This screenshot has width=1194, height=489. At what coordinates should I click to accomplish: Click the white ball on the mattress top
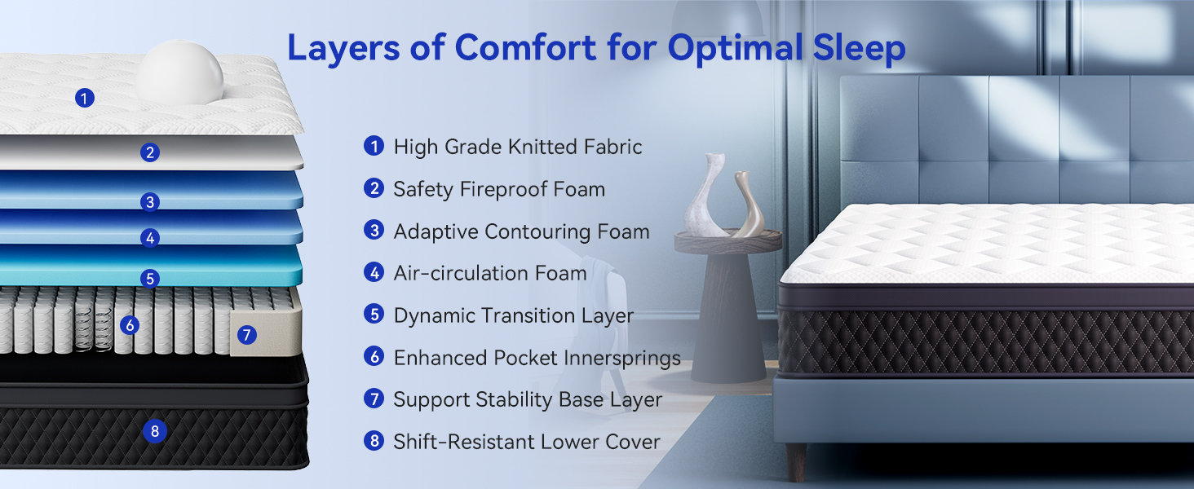click(180, 74)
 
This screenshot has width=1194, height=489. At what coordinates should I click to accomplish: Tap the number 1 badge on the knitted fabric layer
click(84, 99)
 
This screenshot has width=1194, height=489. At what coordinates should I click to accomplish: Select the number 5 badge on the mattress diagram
click(149, 279)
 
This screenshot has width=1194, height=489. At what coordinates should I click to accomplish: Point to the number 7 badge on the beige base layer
click(247, 334)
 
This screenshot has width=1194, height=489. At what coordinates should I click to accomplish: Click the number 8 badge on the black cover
click(153, 430)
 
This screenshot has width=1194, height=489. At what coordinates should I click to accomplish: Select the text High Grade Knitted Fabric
click(517, 148)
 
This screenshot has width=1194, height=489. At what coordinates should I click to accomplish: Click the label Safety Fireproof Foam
click(498, 190)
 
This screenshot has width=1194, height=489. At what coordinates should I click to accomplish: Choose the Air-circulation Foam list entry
click(489, 274)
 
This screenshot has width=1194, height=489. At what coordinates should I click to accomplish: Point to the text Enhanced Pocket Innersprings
click(537, 358)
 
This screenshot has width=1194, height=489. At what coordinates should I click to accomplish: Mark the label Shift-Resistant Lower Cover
click(526, 443)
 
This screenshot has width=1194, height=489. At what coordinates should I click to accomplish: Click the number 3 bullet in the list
click(374, 231)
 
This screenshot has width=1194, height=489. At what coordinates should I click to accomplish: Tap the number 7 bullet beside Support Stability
click(374, 399)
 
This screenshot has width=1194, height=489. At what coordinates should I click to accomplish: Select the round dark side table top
click(728, 241)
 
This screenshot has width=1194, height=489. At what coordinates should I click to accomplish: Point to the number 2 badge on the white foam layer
click(149, 152)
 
